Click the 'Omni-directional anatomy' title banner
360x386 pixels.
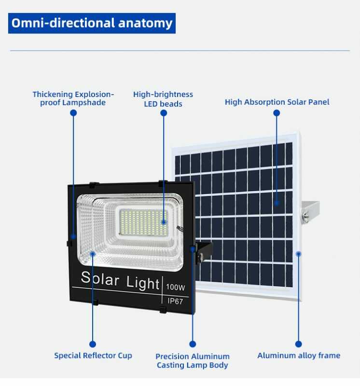(x=92, y=23)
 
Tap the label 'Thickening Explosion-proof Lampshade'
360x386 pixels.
(x=73, y=98)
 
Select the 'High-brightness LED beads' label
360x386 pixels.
(x=163, y=99)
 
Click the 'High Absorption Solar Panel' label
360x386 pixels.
(x=277, y=102)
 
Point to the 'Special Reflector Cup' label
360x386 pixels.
(x=93, y=356)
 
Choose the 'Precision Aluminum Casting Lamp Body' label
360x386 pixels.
(x=193, y=360)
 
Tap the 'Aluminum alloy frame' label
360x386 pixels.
(x=299, y=356)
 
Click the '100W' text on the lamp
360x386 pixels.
(x=175, y=287)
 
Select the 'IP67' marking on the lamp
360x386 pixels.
(x=175, y=301)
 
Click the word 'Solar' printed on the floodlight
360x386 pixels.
(x=100, y=278)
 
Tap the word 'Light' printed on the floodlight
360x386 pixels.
(x=143, y=283)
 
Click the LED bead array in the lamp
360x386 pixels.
(x=143, y=222)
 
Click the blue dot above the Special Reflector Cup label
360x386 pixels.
(x=93, y=344)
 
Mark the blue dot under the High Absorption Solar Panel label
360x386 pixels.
(x=277, y=113)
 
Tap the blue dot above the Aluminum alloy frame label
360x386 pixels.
(x=298, y=344)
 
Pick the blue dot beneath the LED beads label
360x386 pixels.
(x=164, y=113)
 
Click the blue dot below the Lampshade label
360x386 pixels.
(x=73, y=113)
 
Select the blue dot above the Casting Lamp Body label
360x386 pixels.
(x=193, y=344)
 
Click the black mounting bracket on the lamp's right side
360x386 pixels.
(x=204, y=252)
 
